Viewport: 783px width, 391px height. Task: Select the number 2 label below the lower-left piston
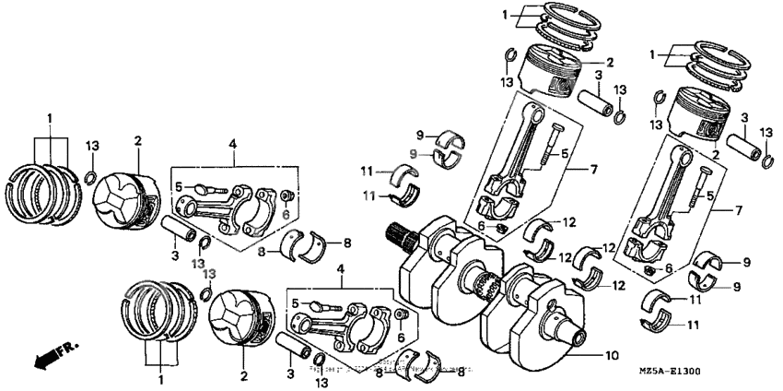click(244, 376)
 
